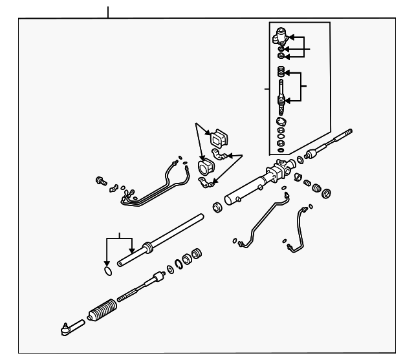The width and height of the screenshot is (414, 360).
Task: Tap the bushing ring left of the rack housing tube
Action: [x=217, y=208]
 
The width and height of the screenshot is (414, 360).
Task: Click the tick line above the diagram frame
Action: [x=108, y=11]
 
